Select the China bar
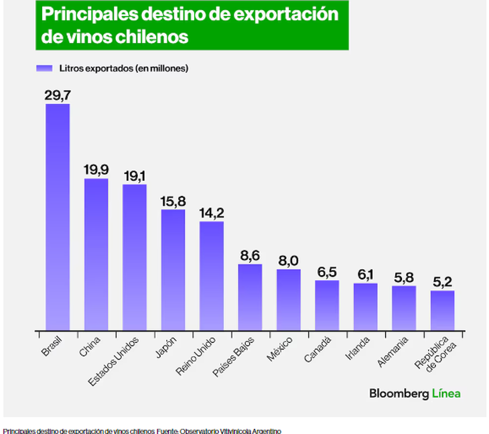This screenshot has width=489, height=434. click(x=96, y=255)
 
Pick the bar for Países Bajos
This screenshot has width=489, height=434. click(x=250, y=297)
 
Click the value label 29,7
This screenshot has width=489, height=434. click(x=58, y=94)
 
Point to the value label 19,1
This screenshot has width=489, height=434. click(x=135, y=175)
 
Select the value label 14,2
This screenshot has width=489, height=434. click(x=212, y=213)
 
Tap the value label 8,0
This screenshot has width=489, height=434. click(x=288, y=261)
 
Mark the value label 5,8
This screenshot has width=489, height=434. click(x=404, y=277)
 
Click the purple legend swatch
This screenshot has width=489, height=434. click(x=44, y=68)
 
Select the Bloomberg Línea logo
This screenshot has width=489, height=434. click(x=415, y=394)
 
